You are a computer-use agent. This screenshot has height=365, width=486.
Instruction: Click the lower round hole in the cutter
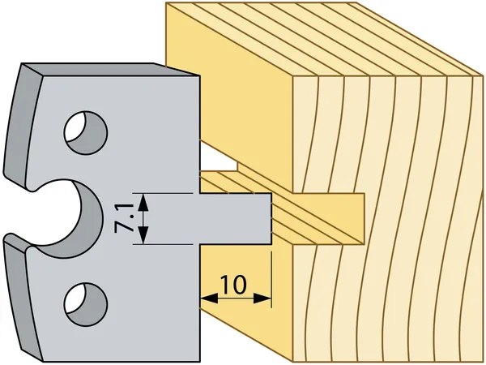[x=85, y=302]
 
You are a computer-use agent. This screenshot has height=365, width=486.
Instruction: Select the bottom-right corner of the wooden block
[x=473, y=347]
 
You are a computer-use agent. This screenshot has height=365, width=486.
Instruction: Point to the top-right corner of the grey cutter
[x=197, y=76]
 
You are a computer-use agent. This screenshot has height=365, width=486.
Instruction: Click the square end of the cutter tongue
[x=269, y=218]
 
